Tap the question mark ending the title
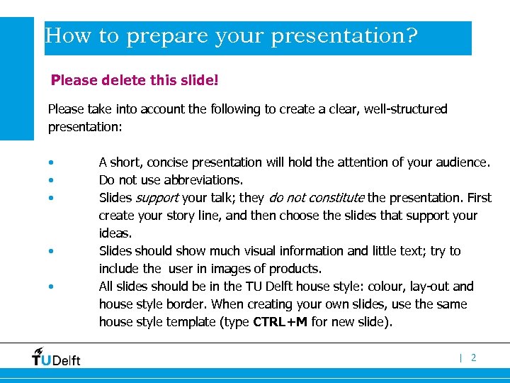click(410, 36)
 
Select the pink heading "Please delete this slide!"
click(135, 80)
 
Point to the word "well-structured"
click(407, 109)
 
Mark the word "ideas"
click(114, 233)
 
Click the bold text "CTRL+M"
click(280, 322)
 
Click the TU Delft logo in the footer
click(56, 357)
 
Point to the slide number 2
click(474, 358)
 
